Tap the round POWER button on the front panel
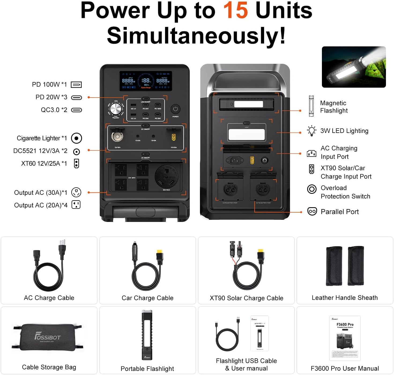tap(175, 109)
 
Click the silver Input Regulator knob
tap(116, 110)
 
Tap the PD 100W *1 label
tap(49, 85)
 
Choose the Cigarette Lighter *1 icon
tap(76, 138)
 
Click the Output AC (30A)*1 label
tap(41, 193)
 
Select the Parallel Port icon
tap(312, 211)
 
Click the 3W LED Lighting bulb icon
tap(311, 131)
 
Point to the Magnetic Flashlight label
tap(334, 107)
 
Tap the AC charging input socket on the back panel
tap(235, 160)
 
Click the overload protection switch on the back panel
tap(265, 160)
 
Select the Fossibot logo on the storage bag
tap(48, 336)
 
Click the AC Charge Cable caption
tap(49, 298)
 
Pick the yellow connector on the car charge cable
tap(160, 255)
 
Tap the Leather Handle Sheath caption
tap(345, 298)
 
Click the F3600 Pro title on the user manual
tap(345, 324)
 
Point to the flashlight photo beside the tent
tap(354, 67)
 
